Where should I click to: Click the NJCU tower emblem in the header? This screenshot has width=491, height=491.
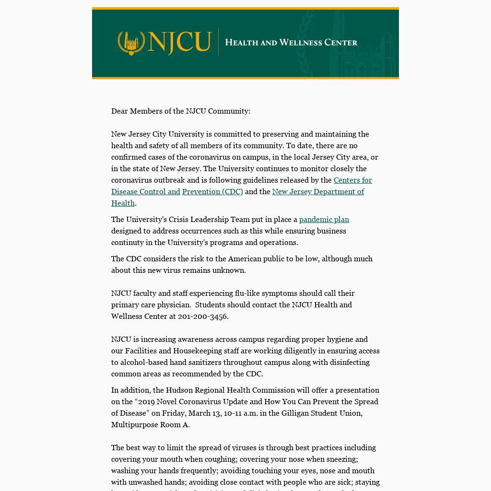click(131, 43)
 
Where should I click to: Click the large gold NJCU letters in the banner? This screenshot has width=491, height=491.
click(180, 42)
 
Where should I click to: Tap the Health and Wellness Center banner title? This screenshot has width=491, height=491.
click(291, 43)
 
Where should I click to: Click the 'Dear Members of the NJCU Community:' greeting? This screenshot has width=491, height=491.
click(181, 111)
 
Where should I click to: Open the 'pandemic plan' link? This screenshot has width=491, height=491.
click(324, 220)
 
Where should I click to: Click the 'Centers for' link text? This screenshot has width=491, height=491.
click(352, 180)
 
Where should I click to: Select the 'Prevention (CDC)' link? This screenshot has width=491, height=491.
click(212, 192)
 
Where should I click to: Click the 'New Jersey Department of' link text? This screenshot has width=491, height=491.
click(318, 192)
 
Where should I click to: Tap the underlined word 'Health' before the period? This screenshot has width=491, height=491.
click(123, 203)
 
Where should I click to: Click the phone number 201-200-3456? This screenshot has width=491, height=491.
click(202, 316)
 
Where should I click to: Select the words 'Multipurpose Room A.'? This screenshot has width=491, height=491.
click(151, 425)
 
